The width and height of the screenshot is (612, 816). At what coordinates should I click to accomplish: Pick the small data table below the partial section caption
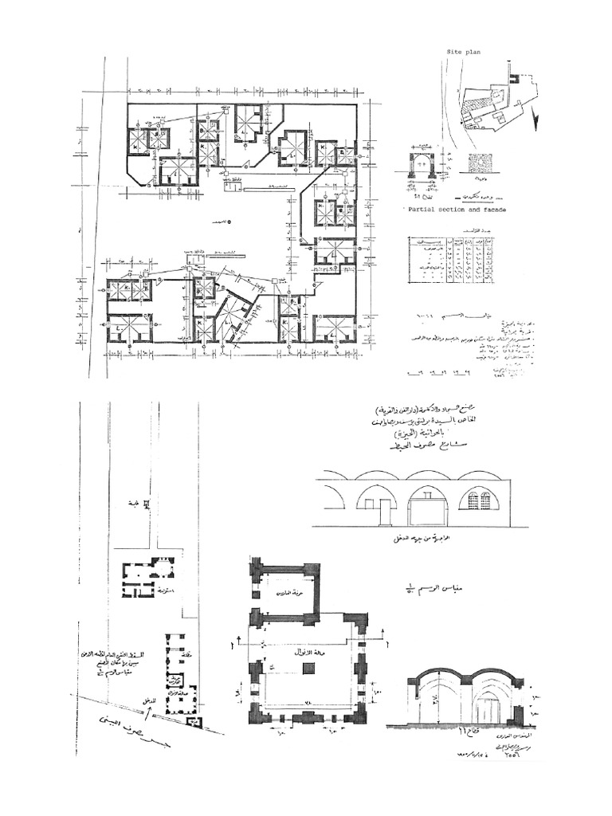click(x=450, y=259)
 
